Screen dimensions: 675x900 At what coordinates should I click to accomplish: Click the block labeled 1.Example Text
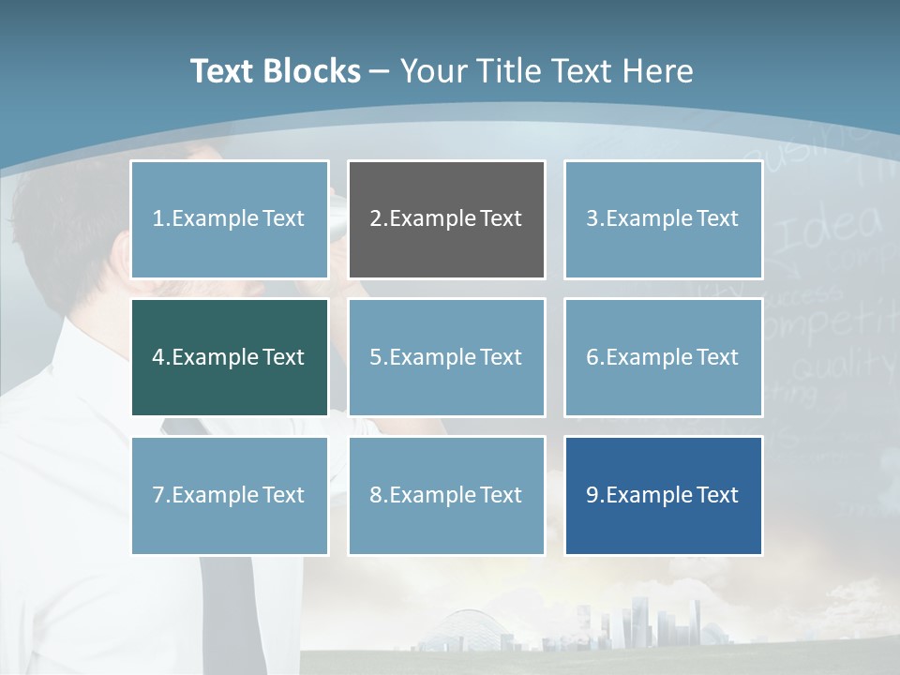pyautogui.click(x=229, y=219)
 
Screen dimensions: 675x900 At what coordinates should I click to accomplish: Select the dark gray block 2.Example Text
pyautogui.click(x=446, y=219)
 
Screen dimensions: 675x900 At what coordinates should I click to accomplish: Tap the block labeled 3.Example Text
pyautogui.click(x=663, y=219)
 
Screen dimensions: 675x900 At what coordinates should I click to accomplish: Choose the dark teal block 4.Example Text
pyautogui.click(x=229, y=357)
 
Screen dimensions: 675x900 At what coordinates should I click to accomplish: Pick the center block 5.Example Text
pyautogui.click(x=446, y=357)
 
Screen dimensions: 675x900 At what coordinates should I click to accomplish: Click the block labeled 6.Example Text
pyautogui.click(x=663, y=357)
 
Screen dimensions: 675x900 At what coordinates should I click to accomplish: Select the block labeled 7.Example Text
pyautogui.click(x=229, y=495)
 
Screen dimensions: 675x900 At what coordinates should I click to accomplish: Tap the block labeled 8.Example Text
pyautogui.click(x=446, y=495)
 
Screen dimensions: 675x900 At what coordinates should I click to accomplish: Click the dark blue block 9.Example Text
pyautogui.click(x=663, y=495)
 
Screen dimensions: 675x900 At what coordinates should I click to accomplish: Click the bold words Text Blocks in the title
pyautogui.click(x=275, y=71)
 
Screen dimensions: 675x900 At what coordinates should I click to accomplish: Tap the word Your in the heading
pyautogui.click(x=434, y=71)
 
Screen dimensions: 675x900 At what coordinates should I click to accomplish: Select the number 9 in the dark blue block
pyautogui.click(x=592, y=495)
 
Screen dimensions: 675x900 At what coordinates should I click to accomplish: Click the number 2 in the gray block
pyautogui.click(x=375, y=219)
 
